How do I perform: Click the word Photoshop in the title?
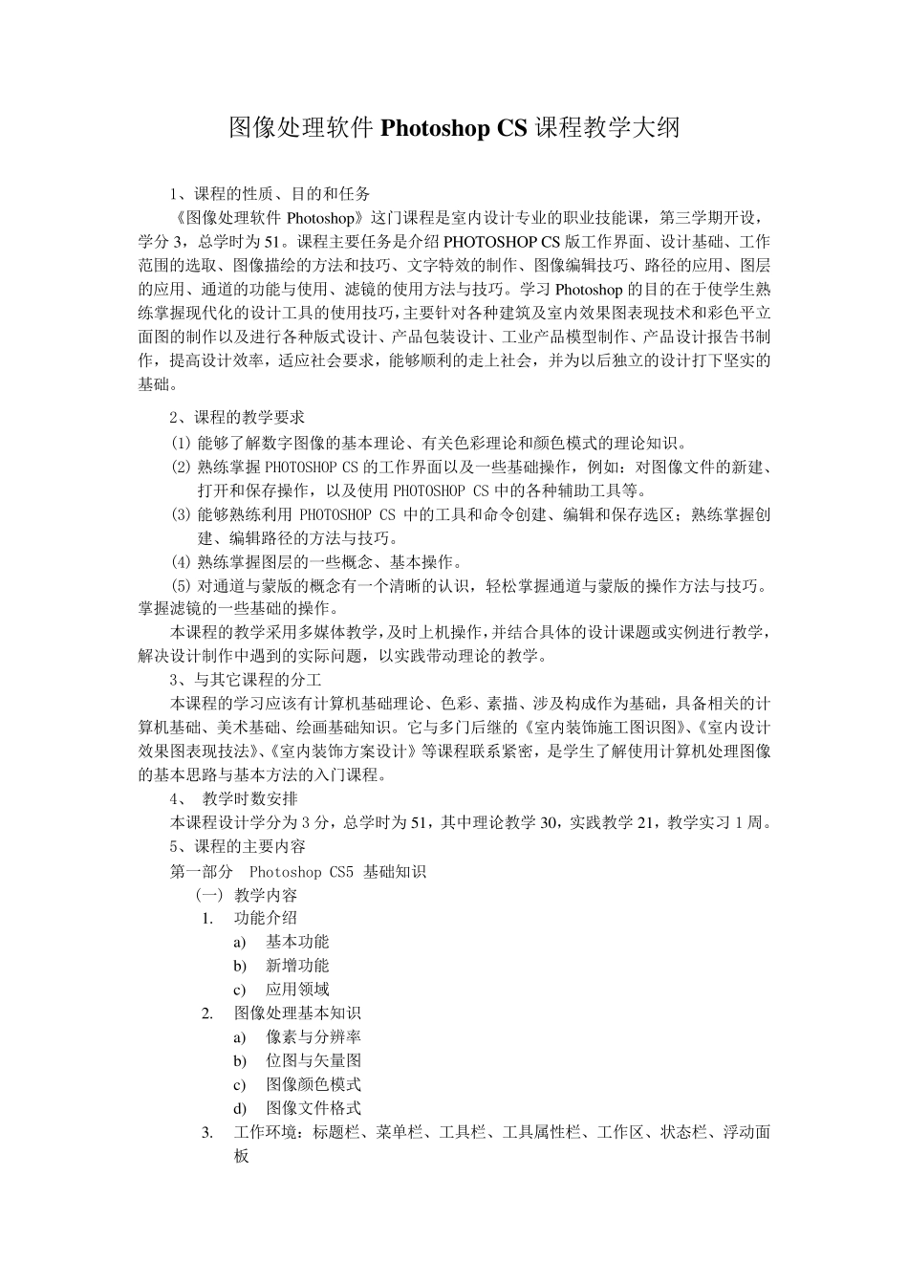436,128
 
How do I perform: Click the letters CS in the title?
512,128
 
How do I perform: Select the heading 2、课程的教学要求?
238,418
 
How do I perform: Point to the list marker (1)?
182,443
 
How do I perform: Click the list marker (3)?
182,514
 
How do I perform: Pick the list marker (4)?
182,562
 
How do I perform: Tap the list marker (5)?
182,585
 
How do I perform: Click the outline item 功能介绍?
266,919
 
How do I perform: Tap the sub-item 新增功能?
297,966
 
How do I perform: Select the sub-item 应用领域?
297,990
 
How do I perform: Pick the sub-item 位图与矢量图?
313,1060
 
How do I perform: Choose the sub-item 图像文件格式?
313,1108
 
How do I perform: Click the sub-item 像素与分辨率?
313,1036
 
